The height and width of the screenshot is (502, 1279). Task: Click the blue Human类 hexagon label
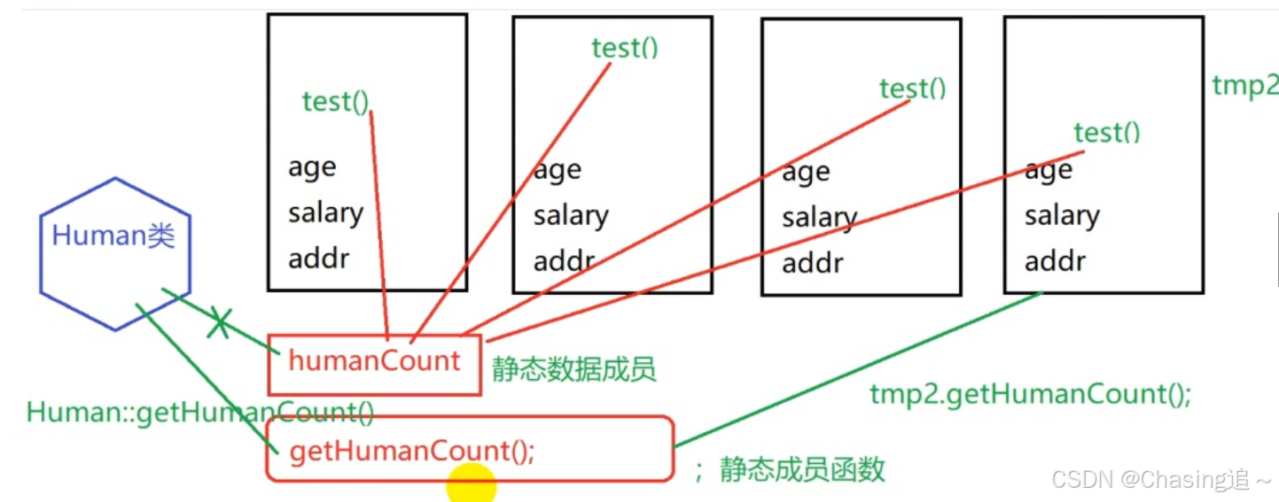coord(113,236)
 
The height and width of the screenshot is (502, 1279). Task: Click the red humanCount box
coord(374,362)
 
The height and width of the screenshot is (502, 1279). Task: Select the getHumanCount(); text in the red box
coord(411,452)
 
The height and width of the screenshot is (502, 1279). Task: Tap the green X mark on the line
coord(219,325)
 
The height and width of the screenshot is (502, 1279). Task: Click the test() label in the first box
coord(334,102)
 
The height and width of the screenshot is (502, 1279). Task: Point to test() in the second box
coord(625,47)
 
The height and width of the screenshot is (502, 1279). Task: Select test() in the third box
coord(912,89)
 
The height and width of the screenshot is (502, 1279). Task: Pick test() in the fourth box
coord(1106,133)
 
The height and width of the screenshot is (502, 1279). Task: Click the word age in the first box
coord(311,167)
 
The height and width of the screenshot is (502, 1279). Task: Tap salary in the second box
coord(570,216)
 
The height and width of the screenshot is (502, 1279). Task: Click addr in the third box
coord(812,263)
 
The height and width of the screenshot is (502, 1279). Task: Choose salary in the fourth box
coord(1062,215)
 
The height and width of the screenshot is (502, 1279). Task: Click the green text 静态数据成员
coord(573,368)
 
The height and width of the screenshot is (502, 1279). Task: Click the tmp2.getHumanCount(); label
coord(1030,395)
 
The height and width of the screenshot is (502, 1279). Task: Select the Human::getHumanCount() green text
coord(200,413)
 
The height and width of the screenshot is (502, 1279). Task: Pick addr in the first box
coord(318,259)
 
